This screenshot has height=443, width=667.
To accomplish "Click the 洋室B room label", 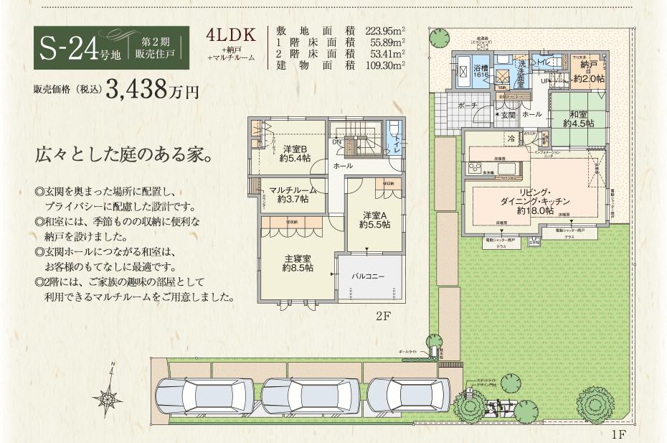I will [295, 154].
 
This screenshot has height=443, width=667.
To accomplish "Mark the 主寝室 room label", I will [297, 263].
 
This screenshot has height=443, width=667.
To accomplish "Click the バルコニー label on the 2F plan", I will [368, 276].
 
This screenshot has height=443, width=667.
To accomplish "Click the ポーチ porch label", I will [467, 106].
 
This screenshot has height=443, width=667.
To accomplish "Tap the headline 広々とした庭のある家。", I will [123, 155].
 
